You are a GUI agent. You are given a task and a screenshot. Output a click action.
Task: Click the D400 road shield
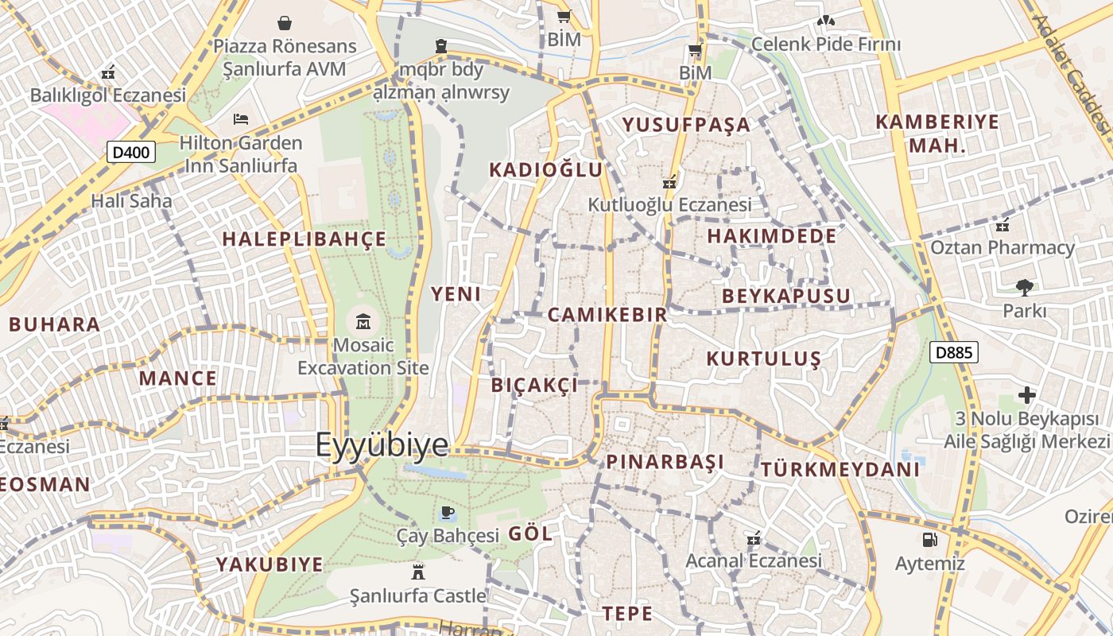(131, 152)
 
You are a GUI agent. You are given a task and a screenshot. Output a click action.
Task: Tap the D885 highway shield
(953, 352)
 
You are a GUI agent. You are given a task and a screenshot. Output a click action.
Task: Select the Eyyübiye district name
(382, 445)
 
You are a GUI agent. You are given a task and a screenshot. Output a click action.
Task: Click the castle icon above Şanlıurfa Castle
(417, 571)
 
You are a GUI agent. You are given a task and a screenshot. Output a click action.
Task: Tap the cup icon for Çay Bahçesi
(447, 512)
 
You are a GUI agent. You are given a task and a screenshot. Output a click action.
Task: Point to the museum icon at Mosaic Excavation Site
(363, 322)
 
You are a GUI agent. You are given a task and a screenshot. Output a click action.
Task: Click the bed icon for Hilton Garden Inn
(241, 120)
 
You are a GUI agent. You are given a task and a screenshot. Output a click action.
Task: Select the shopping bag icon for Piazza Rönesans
(284, 23)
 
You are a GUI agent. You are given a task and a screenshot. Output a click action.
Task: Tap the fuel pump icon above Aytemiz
(929, 541)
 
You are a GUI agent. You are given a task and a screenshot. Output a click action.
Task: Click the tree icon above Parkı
(1024, 288)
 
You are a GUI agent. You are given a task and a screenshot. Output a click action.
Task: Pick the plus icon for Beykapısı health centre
(1026, 394)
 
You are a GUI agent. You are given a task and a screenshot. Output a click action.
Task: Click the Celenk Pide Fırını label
(826, 44)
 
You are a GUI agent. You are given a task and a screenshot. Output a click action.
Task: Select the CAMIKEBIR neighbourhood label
(607, 315)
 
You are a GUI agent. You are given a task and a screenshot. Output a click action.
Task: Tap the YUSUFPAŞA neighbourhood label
(686, 124)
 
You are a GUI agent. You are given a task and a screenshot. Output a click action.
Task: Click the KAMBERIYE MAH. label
(937, 134)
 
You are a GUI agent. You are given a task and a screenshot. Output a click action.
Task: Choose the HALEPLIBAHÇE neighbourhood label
(304, 239)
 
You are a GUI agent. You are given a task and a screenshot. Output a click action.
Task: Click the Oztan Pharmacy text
(1002, 247)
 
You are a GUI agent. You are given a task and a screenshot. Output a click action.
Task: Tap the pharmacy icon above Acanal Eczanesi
(754, 539)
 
